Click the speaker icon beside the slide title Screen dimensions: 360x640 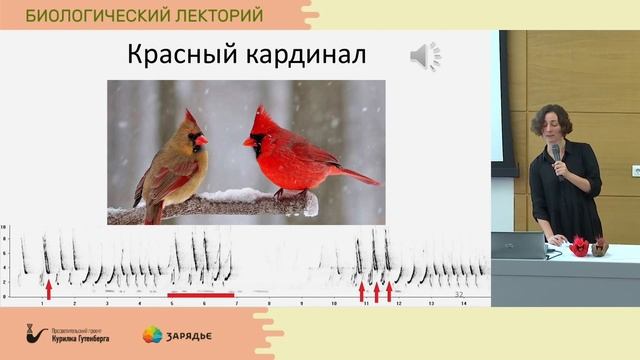[x=425, y=57]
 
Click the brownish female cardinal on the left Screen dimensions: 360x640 [x=173, y=165]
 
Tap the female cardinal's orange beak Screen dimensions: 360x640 [x=201, y=140]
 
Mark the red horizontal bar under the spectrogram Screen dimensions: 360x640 [x=201, y=295]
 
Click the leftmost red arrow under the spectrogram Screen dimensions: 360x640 [x=47, y=290]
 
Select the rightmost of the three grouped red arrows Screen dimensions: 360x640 [x=389, y=291]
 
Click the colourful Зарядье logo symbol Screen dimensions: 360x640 [x=152, y=334]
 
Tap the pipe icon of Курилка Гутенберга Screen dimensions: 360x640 [x=38, y=334]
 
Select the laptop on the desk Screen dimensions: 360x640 [x=518, y=246]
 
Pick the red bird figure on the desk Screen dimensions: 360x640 [x=579, y=245]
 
